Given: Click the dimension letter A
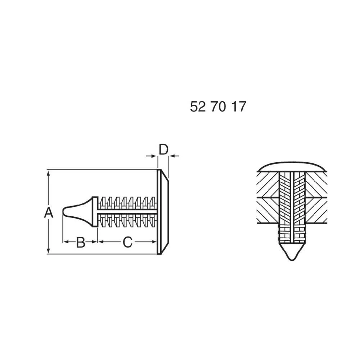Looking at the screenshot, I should tap(49, 212).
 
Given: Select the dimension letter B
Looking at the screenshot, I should tap(81, 242).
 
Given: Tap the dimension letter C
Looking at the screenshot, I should tap(127, 242).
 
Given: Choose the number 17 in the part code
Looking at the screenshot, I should tap(238, 107).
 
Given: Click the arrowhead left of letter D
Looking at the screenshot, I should tap(154, 156).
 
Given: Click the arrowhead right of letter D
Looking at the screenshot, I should tap(172, 156).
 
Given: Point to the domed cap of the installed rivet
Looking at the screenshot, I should tap(292, 166).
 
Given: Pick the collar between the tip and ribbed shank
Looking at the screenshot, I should tap(95, 212).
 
